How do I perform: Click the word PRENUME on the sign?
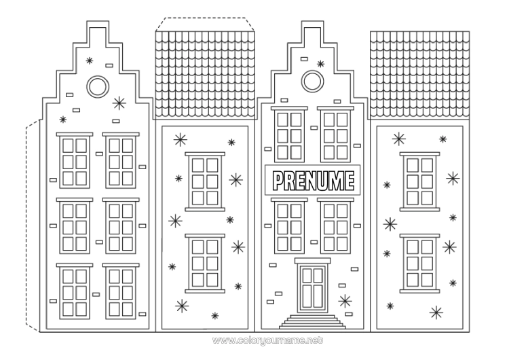pos(313,181)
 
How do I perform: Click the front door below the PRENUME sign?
pos(312,287)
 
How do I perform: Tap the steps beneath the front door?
pos(312,321)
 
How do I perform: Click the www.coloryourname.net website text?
pos(255,338)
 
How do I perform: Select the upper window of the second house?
pos(205,180)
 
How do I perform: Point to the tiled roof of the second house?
pos(206,75)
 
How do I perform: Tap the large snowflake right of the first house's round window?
pos(119,103)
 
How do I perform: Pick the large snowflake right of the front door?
pos(345,301)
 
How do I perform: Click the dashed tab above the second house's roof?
pos(206,24)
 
